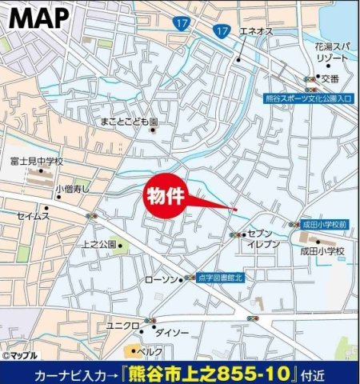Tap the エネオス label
(254, 31)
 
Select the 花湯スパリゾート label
(331, 53)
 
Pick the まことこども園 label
(130, 122)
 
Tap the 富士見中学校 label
(37, 162)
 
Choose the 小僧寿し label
(72, 189)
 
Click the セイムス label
(34, 215)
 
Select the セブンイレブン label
(263, 238)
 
